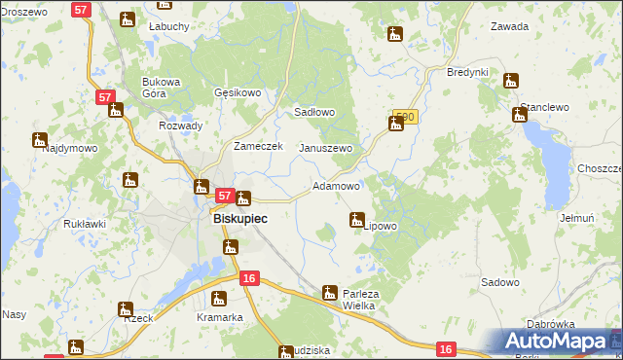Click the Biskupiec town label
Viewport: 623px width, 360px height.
coord(239,219)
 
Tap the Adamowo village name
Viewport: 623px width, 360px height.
coord(337,186)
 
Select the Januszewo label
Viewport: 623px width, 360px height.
coord(325,148)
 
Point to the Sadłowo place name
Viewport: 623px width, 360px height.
coord(314,112)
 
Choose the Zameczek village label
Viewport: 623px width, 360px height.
coord(258,146)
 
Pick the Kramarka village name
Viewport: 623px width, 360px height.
coord(219,317)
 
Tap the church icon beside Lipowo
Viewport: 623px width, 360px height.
coord(357,220)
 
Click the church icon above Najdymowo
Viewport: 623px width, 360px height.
coord(39,139)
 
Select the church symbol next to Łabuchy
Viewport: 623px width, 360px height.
coord(128,18)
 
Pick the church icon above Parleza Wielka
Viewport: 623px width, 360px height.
coord(330,291)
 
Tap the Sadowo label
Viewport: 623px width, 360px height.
coord(499,282)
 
